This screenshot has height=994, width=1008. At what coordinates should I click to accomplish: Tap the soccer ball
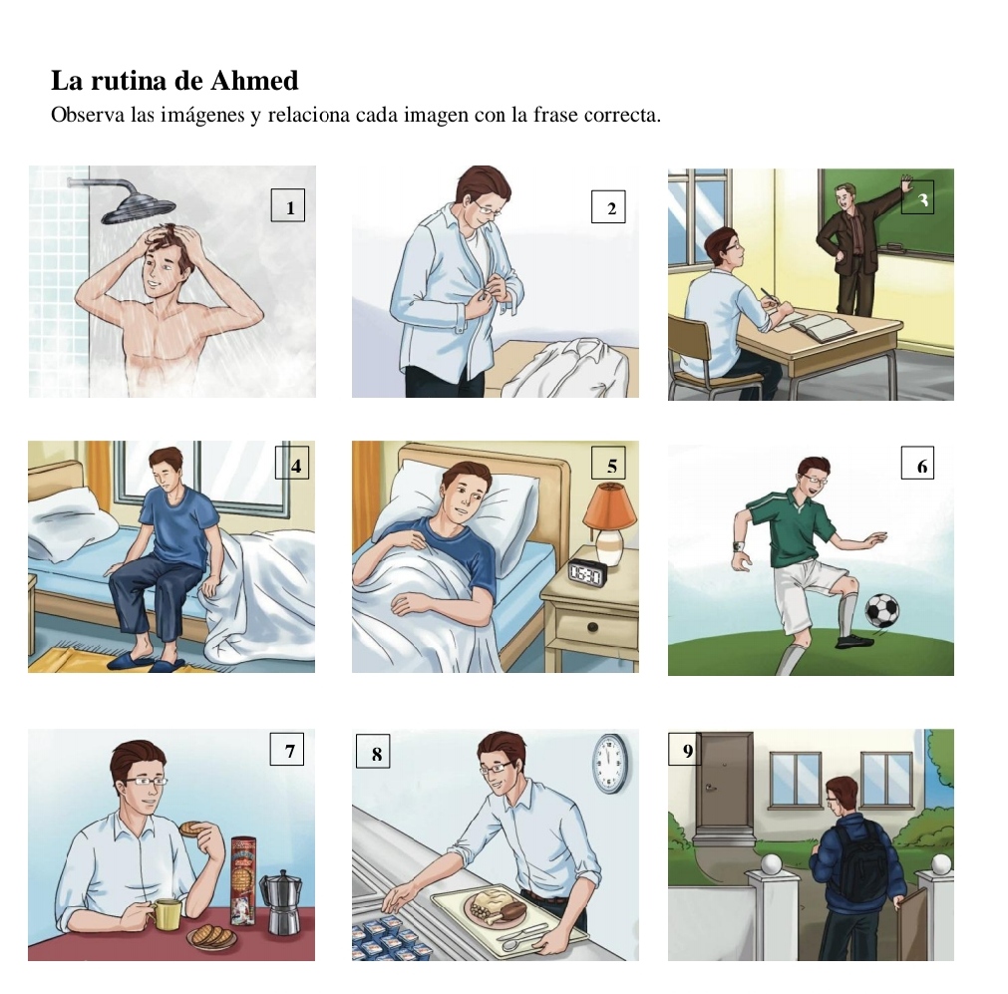point(882,610)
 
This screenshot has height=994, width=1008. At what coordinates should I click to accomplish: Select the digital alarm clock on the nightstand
point(587,573)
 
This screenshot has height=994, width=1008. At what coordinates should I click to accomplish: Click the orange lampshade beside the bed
point(609,506)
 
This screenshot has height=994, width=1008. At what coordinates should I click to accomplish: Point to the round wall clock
point(609,763)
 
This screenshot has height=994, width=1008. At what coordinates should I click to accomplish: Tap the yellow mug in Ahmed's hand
point(166,914)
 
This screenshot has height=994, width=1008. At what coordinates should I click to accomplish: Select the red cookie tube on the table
point(243,880)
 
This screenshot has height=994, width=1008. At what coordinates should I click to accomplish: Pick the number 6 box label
point(917,463)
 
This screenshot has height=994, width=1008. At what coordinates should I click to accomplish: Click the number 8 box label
point(373,751)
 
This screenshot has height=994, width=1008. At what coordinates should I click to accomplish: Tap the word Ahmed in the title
point(254,81)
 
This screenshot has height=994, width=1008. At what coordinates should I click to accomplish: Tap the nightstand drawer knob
point(592,627)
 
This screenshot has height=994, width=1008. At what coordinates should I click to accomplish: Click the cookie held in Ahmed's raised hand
point(191,829)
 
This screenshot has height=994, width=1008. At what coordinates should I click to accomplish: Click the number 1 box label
point(288,205)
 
